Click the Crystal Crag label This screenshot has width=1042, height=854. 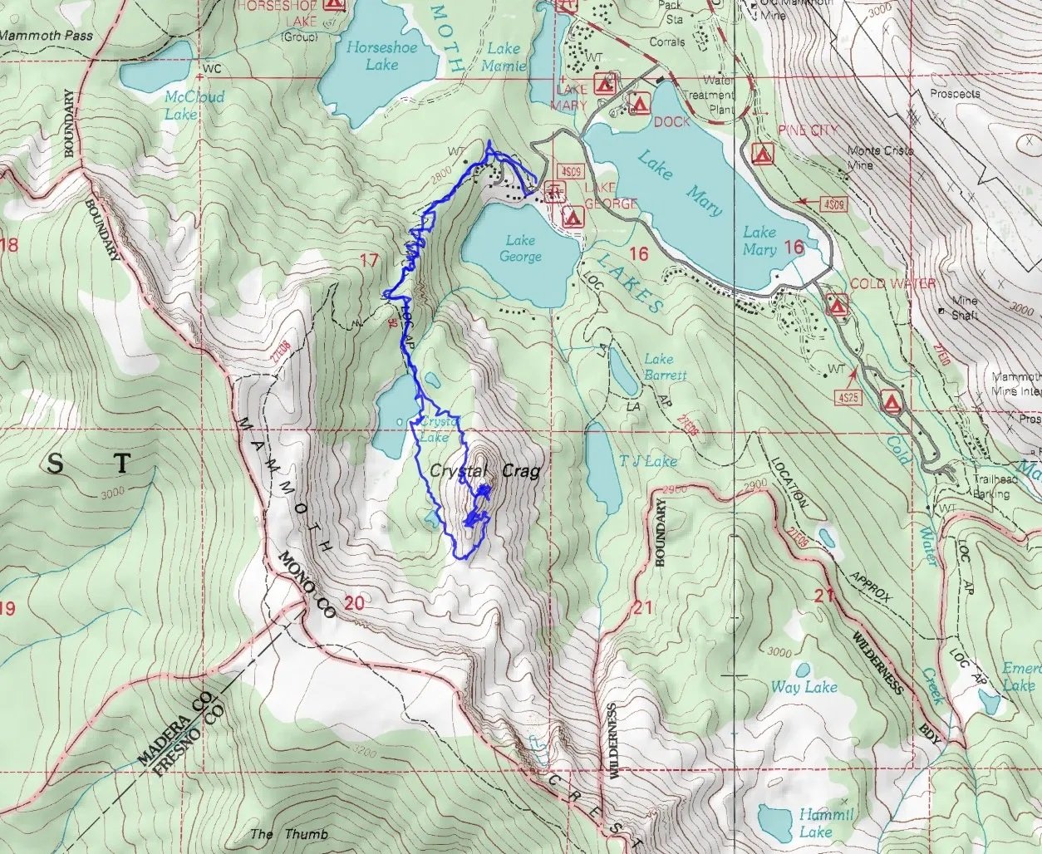(484, 471)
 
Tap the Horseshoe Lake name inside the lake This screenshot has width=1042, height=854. (381, 56)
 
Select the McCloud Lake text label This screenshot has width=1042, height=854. (194, 105)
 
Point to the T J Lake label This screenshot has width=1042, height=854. (649, 461)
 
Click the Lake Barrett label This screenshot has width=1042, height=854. (665, 366)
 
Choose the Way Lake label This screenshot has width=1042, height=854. (804, 686)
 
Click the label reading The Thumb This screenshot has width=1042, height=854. (288, 833)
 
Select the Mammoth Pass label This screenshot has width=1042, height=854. (47, 36)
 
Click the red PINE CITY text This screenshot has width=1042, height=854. (808, 130)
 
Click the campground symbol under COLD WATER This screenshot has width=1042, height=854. (837, 305)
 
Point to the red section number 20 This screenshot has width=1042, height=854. (354, 602)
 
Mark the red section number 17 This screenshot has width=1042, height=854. (369, 262)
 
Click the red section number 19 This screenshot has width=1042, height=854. (7, 609)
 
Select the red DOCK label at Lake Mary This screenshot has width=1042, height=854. (671, 122)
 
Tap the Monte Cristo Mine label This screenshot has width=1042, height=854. (880, 158)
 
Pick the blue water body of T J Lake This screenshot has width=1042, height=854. (602, 469)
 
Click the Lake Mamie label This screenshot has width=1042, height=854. (504, 56)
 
